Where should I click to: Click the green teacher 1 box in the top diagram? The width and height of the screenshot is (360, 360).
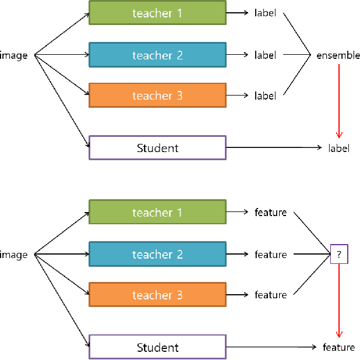pos(157,13)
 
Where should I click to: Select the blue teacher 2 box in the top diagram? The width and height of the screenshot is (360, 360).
pos(157,55)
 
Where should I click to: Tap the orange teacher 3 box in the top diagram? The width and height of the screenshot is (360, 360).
pos(157,96)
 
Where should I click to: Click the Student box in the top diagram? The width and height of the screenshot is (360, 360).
pos(157,148)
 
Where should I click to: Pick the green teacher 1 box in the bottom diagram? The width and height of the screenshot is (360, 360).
pos(157,213)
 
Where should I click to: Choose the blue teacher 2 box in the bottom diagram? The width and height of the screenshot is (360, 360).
pos(157,255)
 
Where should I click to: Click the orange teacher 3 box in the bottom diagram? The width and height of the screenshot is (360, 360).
pos(157,295)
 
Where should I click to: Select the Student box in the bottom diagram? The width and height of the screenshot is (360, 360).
pos(157,348)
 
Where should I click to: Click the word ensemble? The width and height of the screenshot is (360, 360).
pos(338,55)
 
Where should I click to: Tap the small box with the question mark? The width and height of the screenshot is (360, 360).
pos(338,255)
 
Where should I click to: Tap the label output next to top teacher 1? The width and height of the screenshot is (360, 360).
pos(265,13)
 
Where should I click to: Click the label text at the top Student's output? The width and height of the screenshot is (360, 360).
pos(338,149)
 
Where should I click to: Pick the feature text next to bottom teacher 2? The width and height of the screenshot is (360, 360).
pos(270,255)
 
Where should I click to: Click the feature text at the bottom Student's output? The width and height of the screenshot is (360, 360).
pos(338,348)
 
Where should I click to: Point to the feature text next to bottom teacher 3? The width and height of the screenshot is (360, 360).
pos(270,295)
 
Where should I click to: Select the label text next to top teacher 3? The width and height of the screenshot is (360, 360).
pos(265,96)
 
